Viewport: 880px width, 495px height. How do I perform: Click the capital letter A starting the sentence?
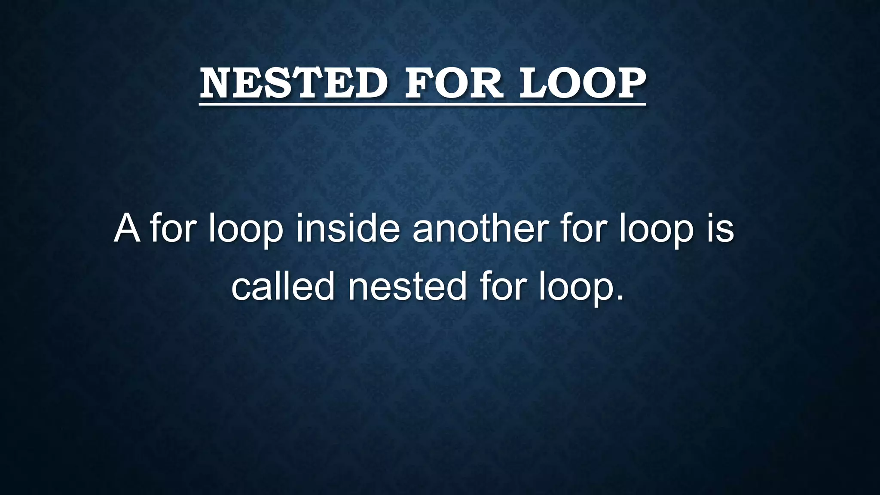127,229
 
